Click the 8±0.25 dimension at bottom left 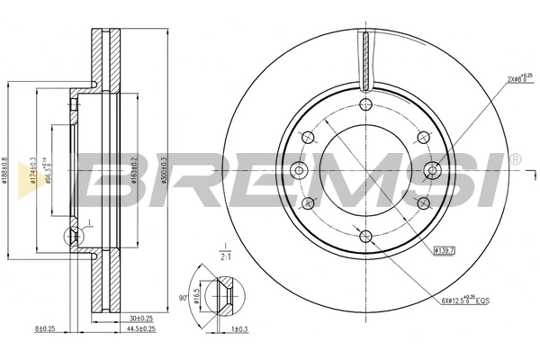click(x=45, y=329)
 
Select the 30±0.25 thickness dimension click(x=140, y=318)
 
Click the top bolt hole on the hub click(x=364, y=105)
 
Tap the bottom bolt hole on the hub click(x=364, y=237)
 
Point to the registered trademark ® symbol click(x=515, y=159)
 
